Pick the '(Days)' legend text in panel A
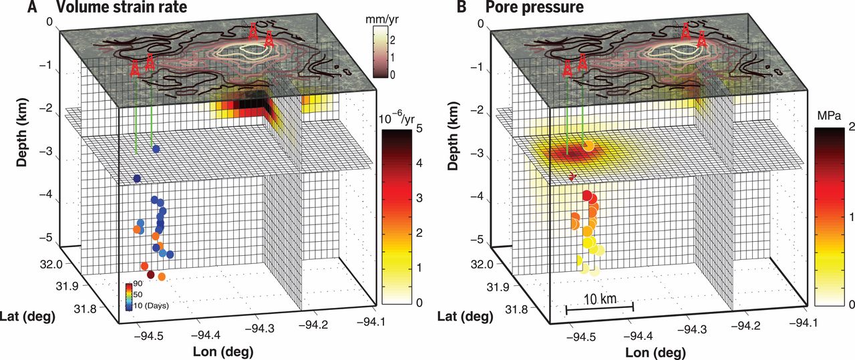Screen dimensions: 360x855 point(154,305)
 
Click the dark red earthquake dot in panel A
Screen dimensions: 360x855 point(151,275)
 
